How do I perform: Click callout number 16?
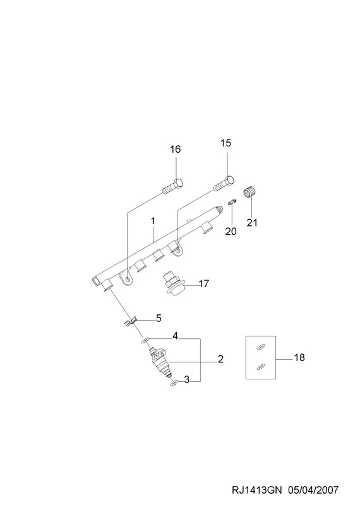[x=176, y=149]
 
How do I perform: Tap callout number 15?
[x=226, y=143]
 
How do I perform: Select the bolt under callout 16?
[x=173, y=186]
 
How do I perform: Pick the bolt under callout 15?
[x=224, y=184]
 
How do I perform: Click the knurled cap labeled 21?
[x=249, y=192]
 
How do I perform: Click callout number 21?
[x=252, y=223]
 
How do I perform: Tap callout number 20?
[x=231, y=231]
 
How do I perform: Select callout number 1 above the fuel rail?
[x=153, y=221]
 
